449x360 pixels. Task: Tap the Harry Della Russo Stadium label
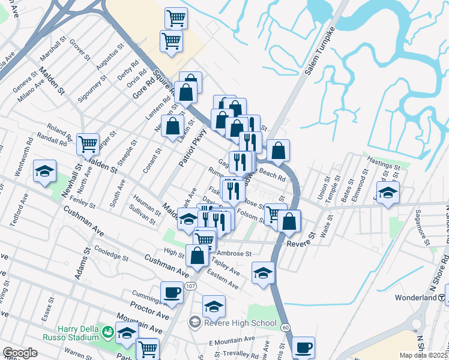coord(70,332)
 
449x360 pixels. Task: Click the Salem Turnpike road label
coord(318,53)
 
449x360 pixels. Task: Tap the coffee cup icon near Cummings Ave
coord(172,293)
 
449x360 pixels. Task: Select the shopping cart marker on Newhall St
coord(88,144)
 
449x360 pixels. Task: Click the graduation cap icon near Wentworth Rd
coord(44,171)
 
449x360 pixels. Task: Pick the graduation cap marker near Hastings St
coord(388,193)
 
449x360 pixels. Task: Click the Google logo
coord(20,353)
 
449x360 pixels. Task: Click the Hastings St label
coord(384,164)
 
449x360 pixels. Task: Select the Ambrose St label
coord(234,254)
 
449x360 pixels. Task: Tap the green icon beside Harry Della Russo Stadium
coord(108,331)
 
